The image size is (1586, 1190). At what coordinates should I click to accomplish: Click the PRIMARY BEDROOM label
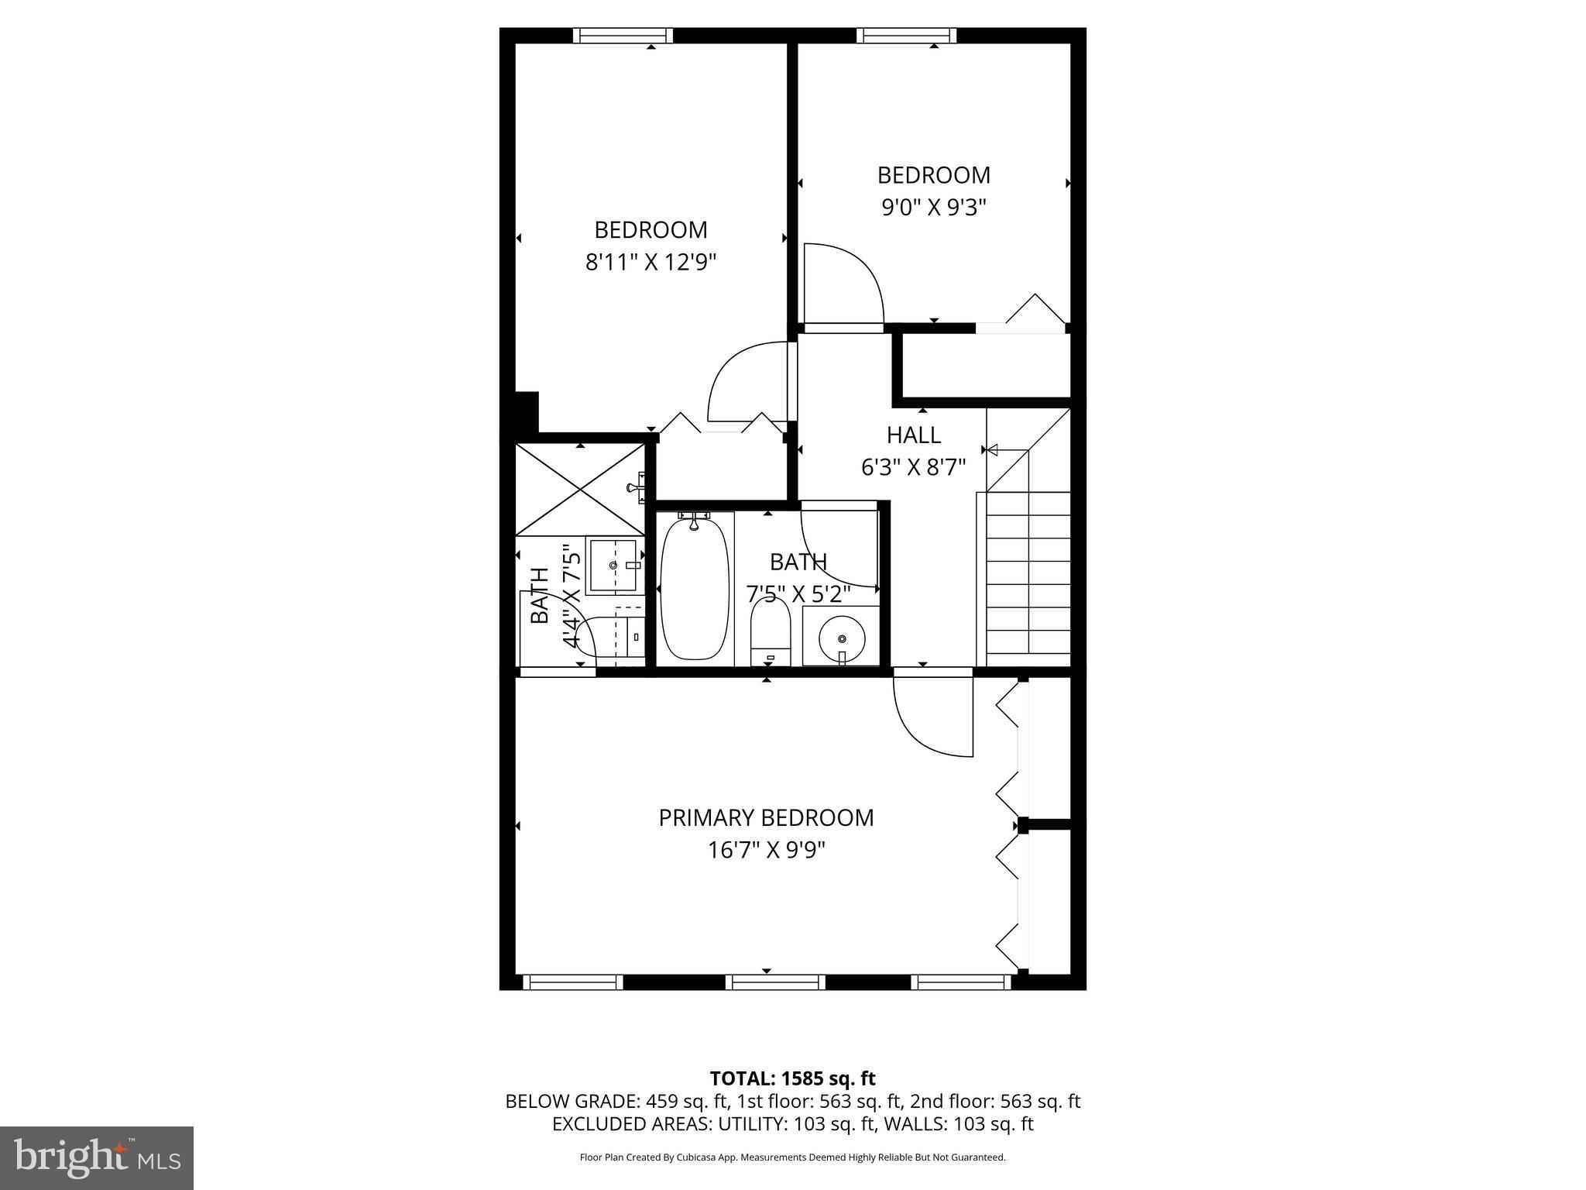(x=766, y=818)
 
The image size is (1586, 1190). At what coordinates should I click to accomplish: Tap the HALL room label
(x=914, y=435)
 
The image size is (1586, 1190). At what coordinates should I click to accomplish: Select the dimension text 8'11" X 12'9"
(x=651, y=263)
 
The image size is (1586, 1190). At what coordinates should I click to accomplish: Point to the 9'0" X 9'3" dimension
(x=933, y=208)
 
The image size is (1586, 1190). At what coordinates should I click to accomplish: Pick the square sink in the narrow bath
(x=614, y=566)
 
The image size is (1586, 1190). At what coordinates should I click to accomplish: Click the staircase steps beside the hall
(x=1028, y=581)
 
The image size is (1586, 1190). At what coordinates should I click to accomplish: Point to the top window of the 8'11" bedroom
(x=623, y=36)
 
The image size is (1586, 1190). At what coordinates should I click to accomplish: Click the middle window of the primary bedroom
(x=775, y=982)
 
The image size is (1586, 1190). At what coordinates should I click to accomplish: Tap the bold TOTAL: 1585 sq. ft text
(x=792, y=1078)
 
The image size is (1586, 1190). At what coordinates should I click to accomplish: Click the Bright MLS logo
(x=97, y=1157)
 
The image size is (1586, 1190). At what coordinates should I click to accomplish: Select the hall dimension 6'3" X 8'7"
(x=914, y=468)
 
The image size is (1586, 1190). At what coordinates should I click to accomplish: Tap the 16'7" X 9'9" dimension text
(x=766, y=851)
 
